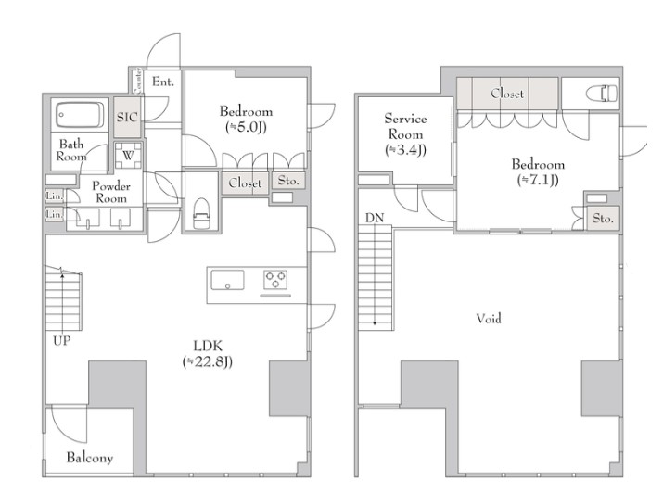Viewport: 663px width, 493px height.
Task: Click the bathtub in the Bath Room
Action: pos(80,115)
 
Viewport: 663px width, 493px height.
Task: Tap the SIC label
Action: pos(127,117)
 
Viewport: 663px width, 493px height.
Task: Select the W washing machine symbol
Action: pos(128,155)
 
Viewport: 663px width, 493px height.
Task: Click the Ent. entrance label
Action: pos(163,82)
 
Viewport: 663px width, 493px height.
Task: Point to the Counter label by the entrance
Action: pos(138,81)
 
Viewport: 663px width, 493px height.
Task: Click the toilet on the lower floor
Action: pos(202,213)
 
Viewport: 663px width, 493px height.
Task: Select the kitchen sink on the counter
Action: pos(227,280)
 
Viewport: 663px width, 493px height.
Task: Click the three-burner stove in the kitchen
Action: pos(275,279)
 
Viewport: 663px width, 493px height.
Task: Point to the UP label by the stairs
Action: pos(62,340)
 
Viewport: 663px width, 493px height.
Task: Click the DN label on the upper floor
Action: pos(375,218)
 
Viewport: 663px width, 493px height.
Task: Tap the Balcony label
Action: pos(90,458)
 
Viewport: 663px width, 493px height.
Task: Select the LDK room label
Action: pos(208,346)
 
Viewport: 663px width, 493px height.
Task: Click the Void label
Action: pos(490,318)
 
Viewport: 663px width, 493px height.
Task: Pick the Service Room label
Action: pos(405,126)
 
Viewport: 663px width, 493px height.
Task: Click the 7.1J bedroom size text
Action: pos(538,180)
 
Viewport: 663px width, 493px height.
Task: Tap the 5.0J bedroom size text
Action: pos(246,127)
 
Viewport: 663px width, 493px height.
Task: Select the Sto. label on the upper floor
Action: pos(603,219)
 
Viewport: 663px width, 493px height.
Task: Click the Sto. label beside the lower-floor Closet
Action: pos(288,181)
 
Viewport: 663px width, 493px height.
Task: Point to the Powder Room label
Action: pos(111,192)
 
